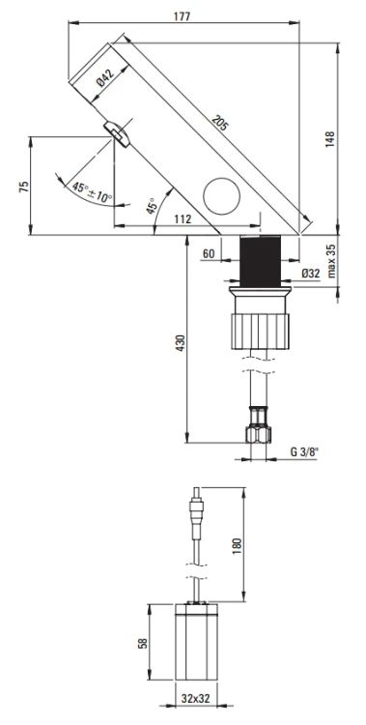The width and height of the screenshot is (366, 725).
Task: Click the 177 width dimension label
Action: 182,16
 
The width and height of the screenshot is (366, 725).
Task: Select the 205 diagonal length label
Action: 220,123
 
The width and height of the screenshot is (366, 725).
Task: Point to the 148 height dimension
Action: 330,139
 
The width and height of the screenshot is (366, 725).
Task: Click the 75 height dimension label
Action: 24,187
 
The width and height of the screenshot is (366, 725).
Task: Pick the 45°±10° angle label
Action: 92,192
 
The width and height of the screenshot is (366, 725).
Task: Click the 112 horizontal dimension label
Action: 183,219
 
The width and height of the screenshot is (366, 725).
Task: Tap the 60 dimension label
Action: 209,254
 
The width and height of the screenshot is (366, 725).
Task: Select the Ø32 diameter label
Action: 311,273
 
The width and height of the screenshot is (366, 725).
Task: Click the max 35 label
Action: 332,261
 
